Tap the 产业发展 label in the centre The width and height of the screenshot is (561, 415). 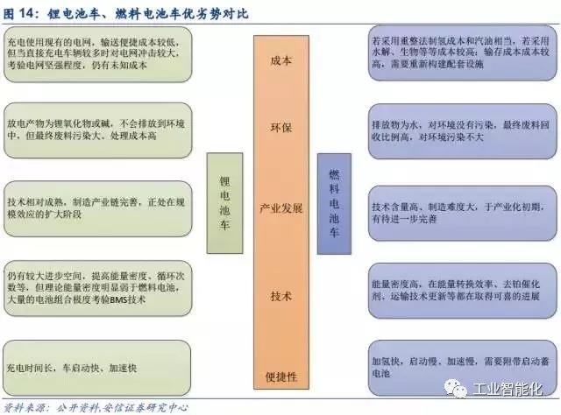[x=282, y=210]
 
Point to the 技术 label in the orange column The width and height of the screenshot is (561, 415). [x=282, y=295]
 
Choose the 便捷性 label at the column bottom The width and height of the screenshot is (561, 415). [x=282, y=376]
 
